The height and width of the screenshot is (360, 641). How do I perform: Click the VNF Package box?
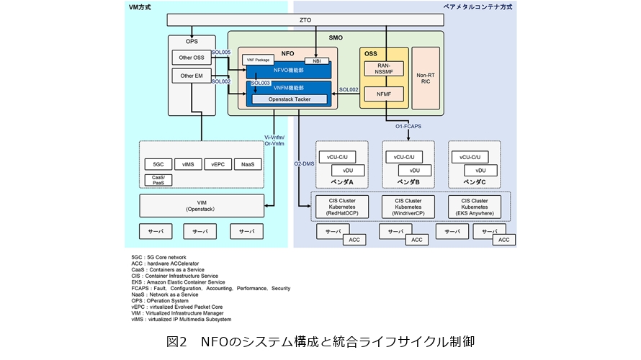[x=257, y=60]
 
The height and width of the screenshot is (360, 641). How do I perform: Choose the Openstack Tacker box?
[x=289, y=99]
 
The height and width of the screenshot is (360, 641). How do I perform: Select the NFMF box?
[x=384, y=94]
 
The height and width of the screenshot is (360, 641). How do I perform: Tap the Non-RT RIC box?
[x=425, y=78]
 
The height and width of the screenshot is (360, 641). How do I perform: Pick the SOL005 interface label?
[x=221, y=53]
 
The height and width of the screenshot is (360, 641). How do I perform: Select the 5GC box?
[x=158, y=164]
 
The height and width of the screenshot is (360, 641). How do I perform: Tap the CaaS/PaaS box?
[x=158, y=180]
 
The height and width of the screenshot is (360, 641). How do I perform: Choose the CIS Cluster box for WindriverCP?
[x=408, y=207]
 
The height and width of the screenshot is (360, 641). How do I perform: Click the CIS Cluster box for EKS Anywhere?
[x=475, y=207]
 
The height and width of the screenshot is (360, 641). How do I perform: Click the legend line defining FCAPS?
[x=211, y=288]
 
